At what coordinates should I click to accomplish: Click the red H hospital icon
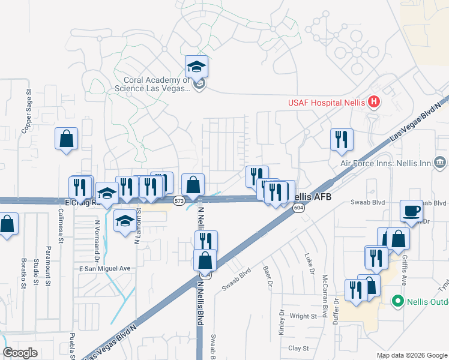click(374, 102)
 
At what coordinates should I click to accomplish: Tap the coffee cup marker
click(412, 211)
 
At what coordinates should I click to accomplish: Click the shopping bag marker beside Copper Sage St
click(67, 139)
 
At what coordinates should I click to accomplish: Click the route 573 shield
click(179, 202)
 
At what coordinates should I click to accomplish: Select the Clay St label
click(298, 348)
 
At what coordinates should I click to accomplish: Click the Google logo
click(20, 353)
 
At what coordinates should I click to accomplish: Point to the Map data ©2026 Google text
click(411, 355)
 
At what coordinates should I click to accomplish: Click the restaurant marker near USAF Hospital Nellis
click(342, 139)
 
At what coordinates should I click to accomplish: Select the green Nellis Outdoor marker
click(397, 301)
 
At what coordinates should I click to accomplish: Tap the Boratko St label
click(24, 274)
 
